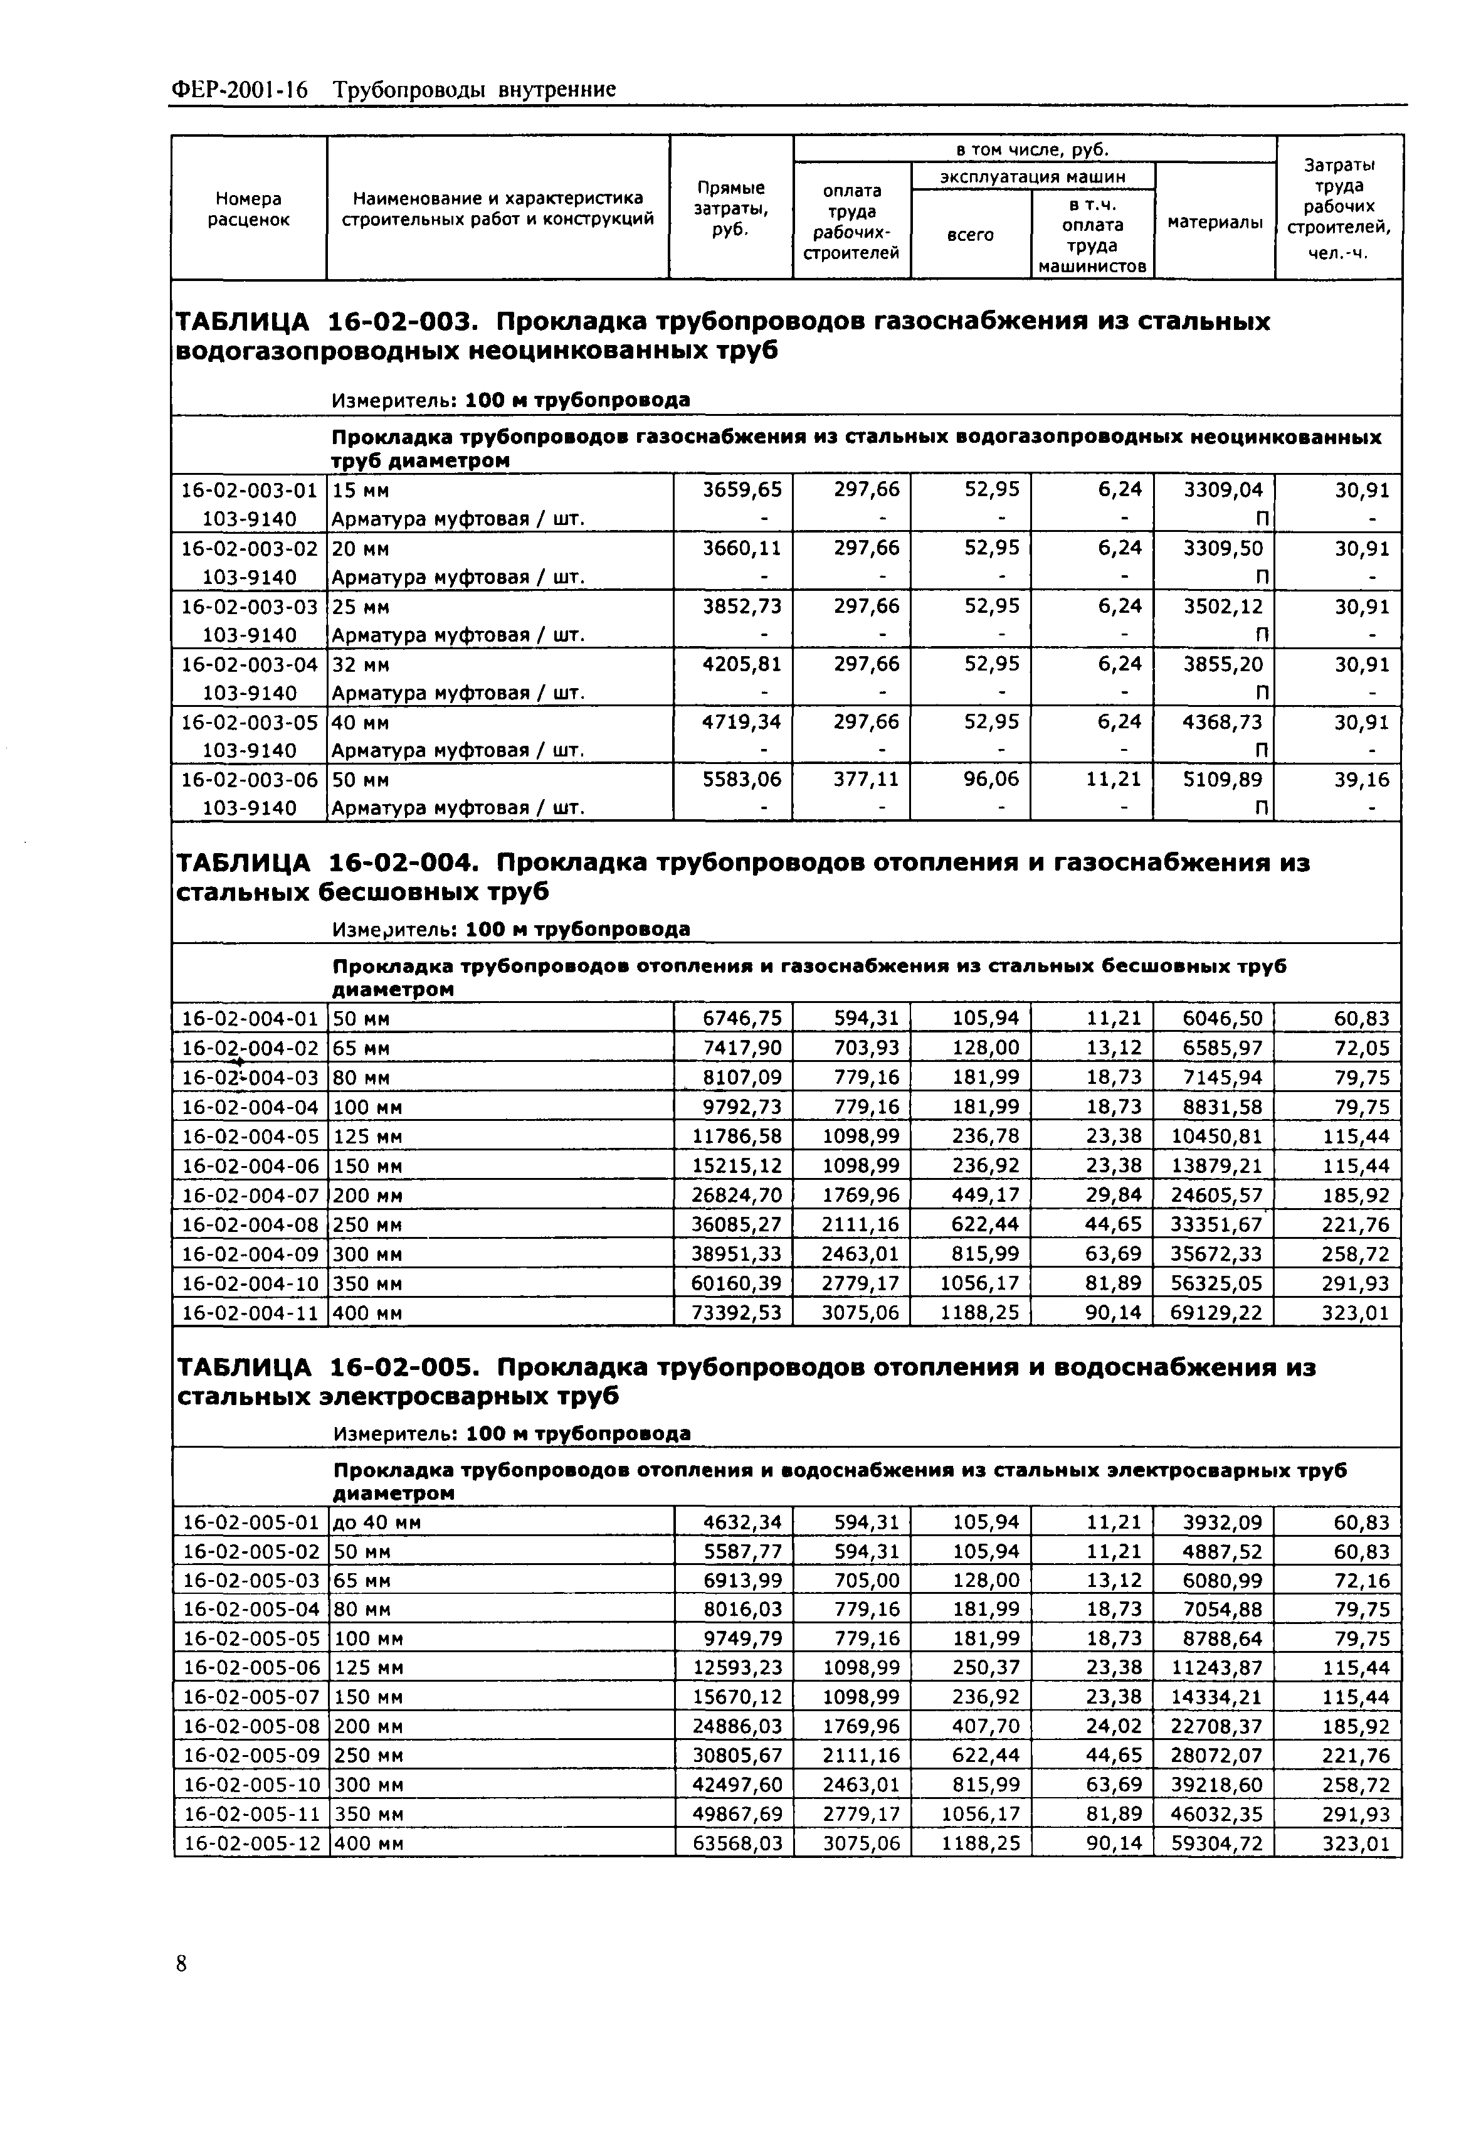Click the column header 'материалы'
[x=1215, y=222]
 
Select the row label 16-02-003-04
[x=249, y=665]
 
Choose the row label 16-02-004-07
[x=250, y=1196]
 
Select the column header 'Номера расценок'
[x=249, y=209]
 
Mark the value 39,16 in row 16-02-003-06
[x=1362, y=780]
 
